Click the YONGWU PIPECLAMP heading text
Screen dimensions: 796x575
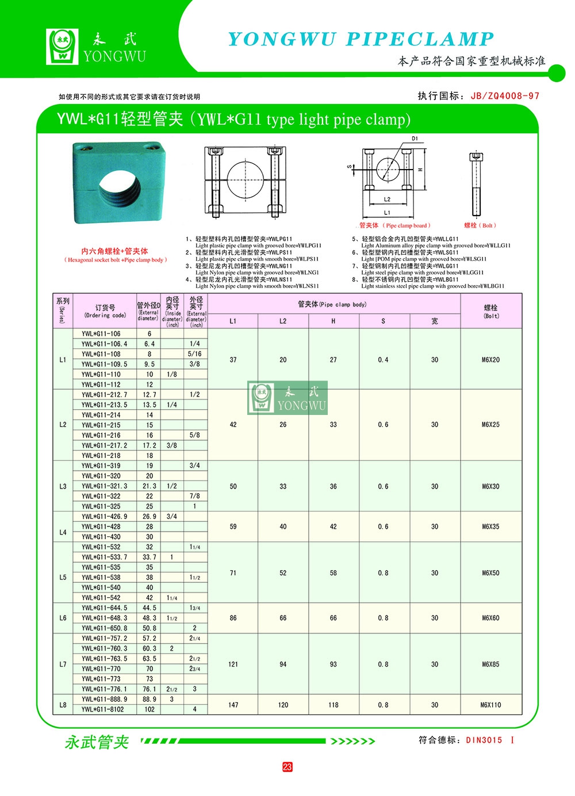(x=361, y=39)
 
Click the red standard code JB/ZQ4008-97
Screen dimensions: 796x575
(x=505, y=96)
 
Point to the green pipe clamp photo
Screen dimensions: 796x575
(x=119, y=183)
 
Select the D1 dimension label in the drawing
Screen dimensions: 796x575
(x=415, y=139)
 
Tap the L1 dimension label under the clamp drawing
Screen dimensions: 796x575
(x=387, y=213)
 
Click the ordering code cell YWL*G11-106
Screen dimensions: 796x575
(x=101, y=334)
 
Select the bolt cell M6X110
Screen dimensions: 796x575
(x=490, y=705)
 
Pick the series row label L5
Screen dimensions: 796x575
(x=63, y=578)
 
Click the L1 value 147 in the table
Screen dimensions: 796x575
(x=233, y=705)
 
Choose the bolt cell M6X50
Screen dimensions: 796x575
(x=490, y=573)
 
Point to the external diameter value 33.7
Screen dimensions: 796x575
(x=149, y=557)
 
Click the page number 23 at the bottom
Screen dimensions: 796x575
(x=287, y=767)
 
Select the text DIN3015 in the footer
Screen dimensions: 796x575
(x=484, y=740)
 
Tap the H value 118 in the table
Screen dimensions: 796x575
(x=333, y=705)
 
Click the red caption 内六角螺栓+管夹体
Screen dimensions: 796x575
(x=114, y=251)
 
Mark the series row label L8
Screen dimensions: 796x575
(x=63, y=705)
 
